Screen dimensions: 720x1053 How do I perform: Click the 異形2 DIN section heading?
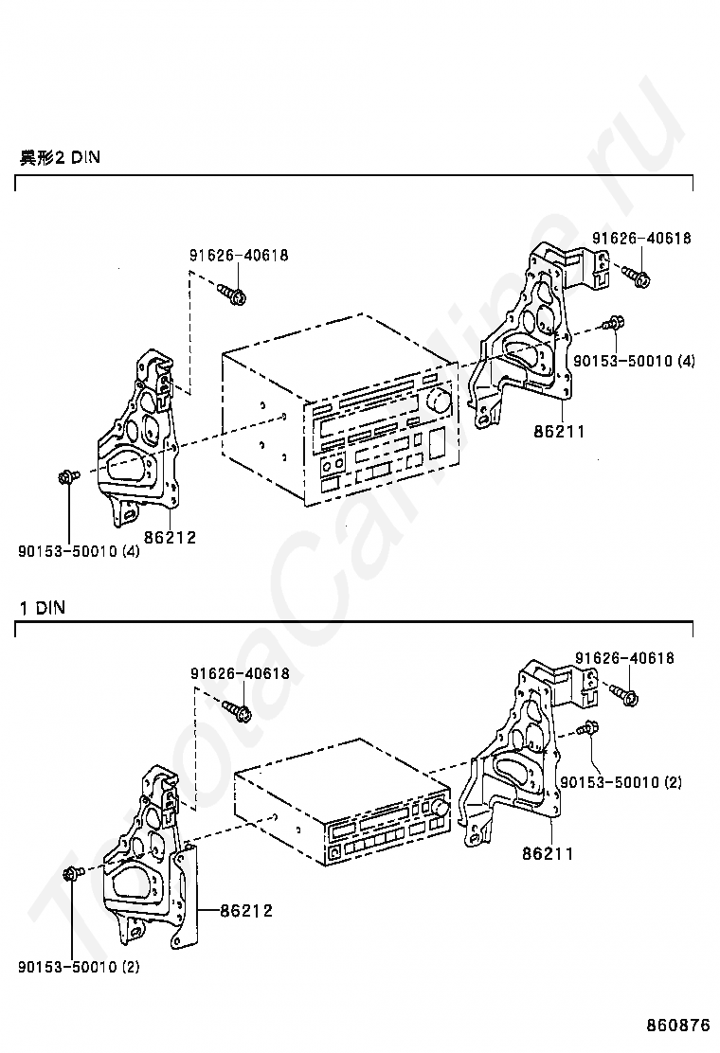(x=60, y=158)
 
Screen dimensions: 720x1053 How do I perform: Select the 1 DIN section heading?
(x=43, y=609)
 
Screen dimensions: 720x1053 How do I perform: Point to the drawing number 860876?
(x=678, y=1026)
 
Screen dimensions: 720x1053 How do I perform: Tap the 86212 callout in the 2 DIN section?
(x=170, y=537)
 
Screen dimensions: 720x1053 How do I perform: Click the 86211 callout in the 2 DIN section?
(x=560, y=431)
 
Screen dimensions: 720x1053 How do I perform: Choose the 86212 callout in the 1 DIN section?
(x=246, y=911)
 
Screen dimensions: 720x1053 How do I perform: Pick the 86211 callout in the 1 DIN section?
(x=549, y=853)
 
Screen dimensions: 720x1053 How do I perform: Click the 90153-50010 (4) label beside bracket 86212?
(x=80, y=552)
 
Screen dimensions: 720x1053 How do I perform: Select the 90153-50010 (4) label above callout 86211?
(x=634, y=361)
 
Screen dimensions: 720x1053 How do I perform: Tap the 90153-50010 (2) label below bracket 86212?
(x=80, y=967)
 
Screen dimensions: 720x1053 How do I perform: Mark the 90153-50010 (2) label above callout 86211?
(x=621, y=782)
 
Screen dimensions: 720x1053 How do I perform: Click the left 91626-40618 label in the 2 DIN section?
(x=239, y=255)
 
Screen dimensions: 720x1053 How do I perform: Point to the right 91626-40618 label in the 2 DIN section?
(x=641, y=239)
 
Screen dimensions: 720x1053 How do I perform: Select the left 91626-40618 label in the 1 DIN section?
(x=240, y=673)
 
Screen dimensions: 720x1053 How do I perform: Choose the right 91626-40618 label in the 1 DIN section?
(x=624, y=658)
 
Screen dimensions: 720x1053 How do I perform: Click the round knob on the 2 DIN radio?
(x=441, y=400)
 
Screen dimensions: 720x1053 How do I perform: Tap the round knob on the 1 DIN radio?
(x=440, y=808)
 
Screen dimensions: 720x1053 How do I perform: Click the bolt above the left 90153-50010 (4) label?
(x=68, y=477)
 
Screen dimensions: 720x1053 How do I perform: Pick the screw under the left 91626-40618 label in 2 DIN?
(x=232, y=294)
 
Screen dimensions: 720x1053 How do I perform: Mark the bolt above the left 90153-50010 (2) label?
(x=72, y=873)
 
